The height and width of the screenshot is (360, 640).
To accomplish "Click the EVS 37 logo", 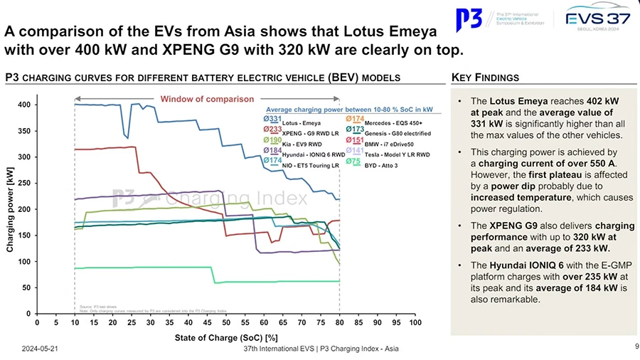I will pyautogui.click(x=595, y=21).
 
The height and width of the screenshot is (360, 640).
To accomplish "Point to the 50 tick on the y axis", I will pyautogui.click(x=24, y=287).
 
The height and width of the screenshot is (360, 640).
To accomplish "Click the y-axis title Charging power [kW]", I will pyautogui.click(x=10, y=208).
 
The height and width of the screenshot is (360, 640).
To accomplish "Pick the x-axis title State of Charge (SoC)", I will pyautogui.click(x=226, y=337).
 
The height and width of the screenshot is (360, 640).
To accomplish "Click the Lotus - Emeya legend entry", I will pyautogui.click(x=302, y=124).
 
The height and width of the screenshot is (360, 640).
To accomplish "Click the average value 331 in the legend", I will pyautogui.click(x=272, y=118).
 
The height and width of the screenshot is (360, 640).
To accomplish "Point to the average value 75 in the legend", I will pyautogui.click(x=353, y=162).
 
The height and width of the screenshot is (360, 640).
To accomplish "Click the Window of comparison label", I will pyautogui.click(x=207, y=99).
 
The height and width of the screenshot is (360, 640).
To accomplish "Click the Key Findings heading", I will pyautogui.click(x=485, y=78).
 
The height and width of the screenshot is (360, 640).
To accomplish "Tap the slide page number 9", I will pyautogui.click(x=634, y=347).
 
